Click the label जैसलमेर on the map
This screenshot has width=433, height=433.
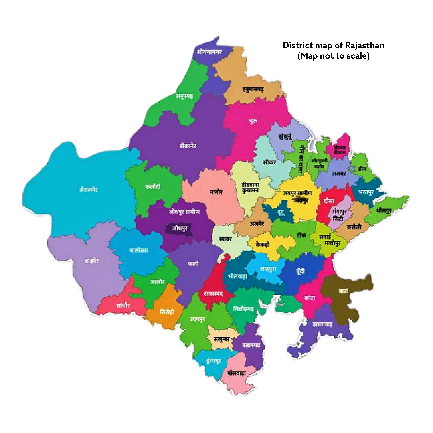[88, 190]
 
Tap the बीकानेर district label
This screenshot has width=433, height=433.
[188, 146]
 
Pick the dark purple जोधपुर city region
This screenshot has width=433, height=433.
[180, 229]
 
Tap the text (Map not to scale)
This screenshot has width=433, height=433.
[333, 56]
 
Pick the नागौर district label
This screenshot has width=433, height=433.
[216, 192]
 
